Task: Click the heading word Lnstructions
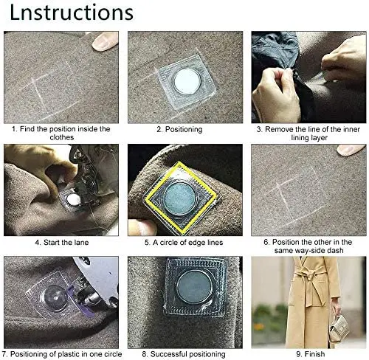(x=72, y=13)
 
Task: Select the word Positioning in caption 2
(x=184, y=129)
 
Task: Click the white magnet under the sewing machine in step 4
(x=74, y=199)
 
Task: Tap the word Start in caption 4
(x=52, y=243)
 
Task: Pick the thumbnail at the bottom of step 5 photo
(x=145, y=227)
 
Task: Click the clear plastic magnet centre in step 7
(x=55, y=298)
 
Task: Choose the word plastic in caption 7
(x=69, y=354)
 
